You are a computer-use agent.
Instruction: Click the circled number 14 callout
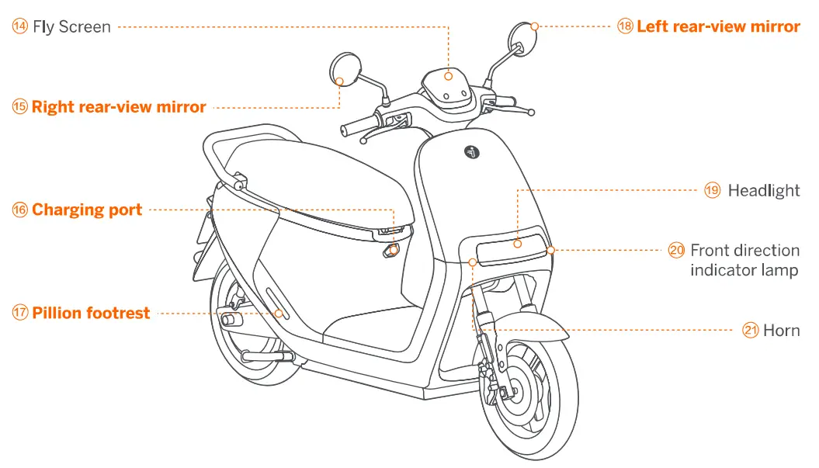tap(20, 27)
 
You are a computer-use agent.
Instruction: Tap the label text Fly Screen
tap(71, 27)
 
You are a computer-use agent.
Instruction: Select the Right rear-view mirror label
tap(119, 107)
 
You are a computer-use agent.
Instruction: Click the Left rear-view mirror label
tap(718, 26)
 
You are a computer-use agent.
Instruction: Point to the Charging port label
tap(87, 210)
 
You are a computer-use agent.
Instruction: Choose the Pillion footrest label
tap(91, 314)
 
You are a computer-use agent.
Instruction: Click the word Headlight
tap(763, 190)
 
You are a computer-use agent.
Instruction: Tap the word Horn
tap(781, 331)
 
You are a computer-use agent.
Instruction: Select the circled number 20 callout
tap(677, 250)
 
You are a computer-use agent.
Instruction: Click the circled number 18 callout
tap(626, 26)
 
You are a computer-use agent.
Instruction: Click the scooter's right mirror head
tap(339, 68)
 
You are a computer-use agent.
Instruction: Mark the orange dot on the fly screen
tap(449, 75)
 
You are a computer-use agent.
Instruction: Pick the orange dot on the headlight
tap(517, 243)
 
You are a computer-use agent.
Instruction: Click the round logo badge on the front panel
tap(473, 152)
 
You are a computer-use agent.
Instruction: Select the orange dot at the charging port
tap(394, 250)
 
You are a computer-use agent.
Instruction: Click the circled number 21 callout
tap(751, 331)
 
